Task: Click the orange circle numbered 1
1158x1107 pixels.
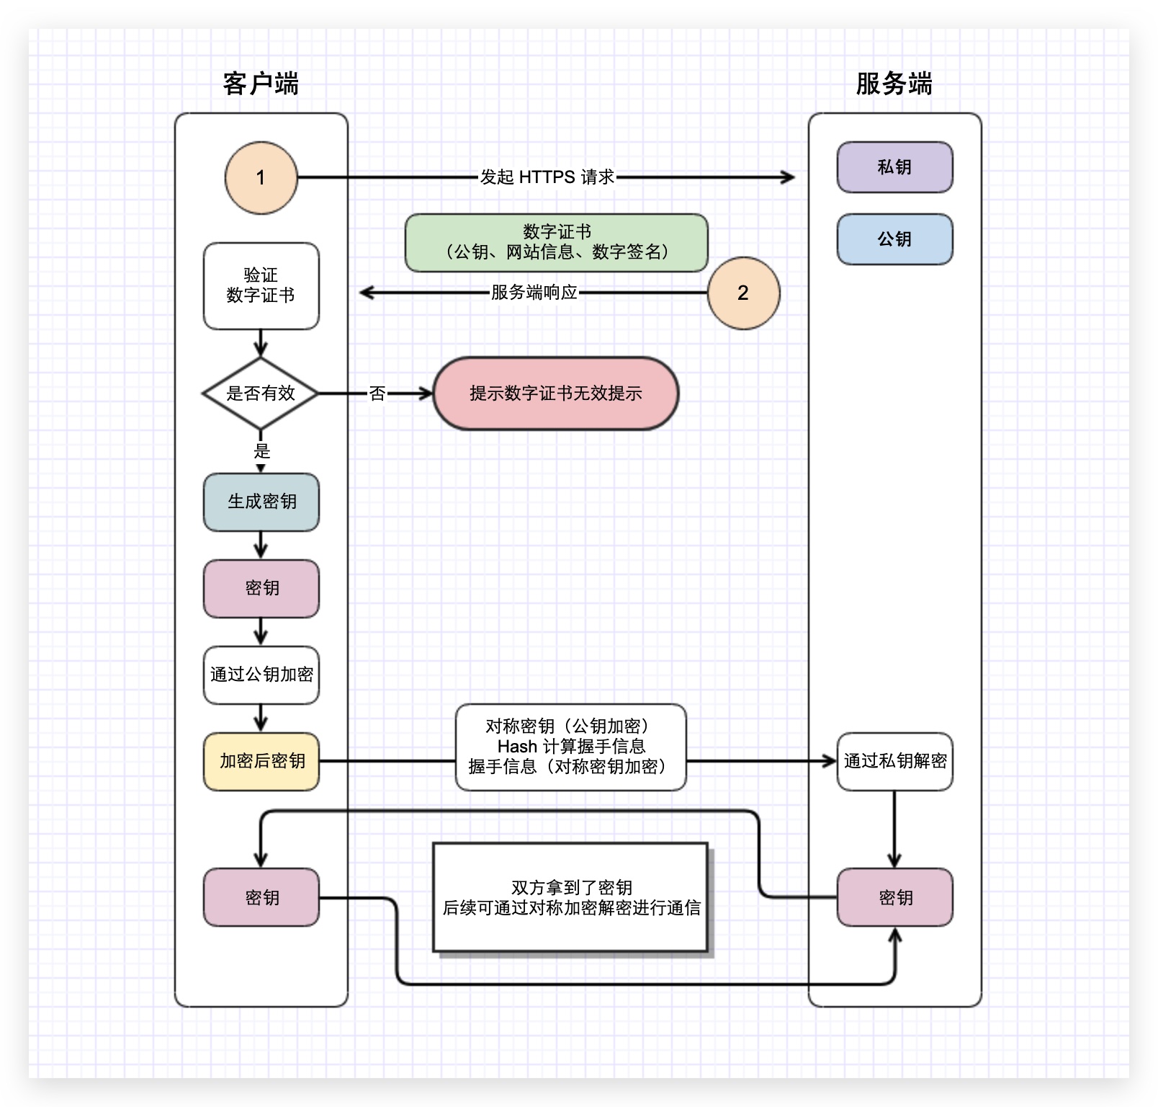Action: click(261, 177)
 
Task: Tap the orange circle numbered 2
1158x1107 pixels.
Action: click(743, 293)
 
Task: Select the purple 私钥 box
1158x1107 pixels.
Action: click(894, 167)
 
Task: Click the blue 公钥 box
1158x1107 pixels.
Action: click(894, 239)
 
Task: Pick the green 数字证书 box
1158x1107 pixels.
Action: click(556, 242)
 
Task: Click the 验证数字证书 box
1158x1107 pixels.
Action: click(261, 285)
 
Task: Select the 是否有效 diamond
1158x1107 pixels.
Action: click(261, 394)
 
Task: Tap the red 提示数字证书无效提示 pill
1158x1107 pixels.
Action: click(555, 394)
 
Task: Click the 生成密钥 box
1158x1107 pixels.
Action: click(261, 502)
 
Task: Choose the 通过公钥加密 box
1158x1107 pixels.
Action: click(261, 675)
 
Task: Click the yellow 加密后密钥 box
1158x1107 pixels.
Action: click(261, 761)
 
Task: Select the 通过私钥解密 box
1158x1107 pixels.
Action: click(894, 761)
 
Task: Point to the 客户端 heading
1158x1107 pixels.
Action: click(261, 84)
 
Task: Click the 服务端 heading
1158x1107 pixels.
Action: click(894, 84)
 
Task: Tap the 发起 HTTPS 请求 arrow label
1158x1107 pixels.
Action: click(547, 177)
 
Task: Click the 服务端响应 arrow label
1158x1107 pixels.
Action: click(534, 293)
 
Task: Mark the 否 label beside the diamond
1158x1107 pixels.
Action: click(377, 394)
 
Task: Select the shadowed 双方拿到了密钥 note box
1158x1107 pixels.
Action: click(570, 897)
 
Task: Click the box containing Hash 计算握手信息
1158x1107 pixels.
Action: click(570, 747)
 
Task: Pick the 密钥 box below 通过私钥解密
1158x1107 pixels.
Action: click(894, 897)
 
